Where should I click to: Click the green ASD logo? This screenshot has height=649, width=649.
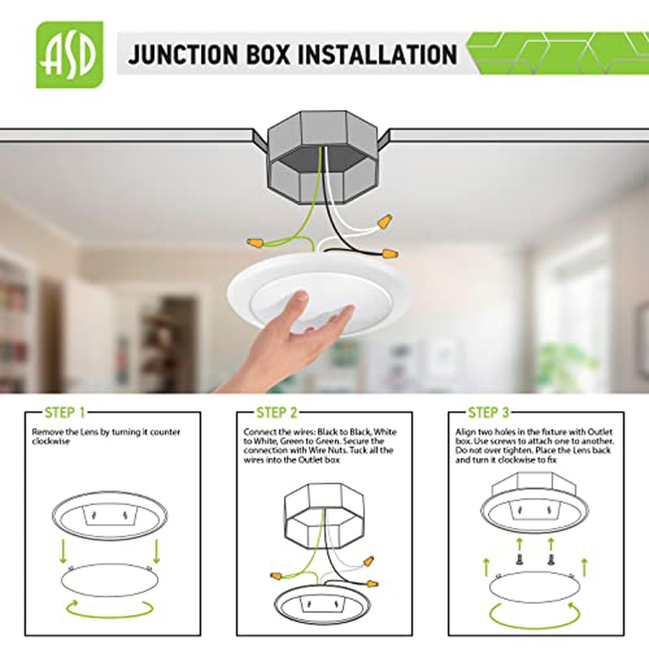[70, 55]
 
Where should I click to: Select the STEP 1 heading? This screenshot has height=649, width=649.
[65, 413]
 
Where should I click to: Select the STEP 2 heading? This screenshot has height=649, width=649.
[277, 413]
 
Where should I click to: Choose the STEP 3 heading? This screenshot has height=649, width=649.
[489, 413]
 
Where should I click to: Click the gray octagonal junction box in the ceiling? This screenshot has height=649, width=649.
[322, 157]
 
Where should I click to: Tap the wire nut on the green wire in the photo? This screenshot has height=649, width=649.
[255, 242]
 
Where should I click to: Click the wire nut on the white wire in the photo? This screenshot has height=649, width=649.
[385, 221]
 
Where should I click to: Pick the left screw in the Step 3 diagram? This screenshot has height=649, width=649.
[519, 559]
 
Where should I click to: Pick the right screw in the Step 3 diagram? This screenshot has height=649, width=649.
[551, 559]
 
